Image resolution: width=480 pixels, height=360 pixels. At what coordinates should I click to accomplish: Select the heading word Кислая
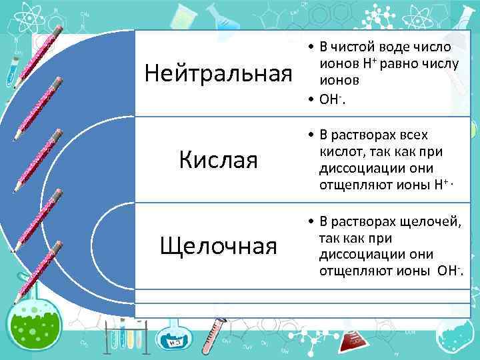[x=219, y=160]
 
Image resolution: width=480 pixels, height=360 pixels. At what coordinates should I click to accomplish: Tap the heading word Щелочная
[x=219, y=246]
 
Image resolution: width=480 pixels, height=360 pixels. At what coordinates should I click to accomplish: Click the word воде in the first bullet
[x=396, y=47]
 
